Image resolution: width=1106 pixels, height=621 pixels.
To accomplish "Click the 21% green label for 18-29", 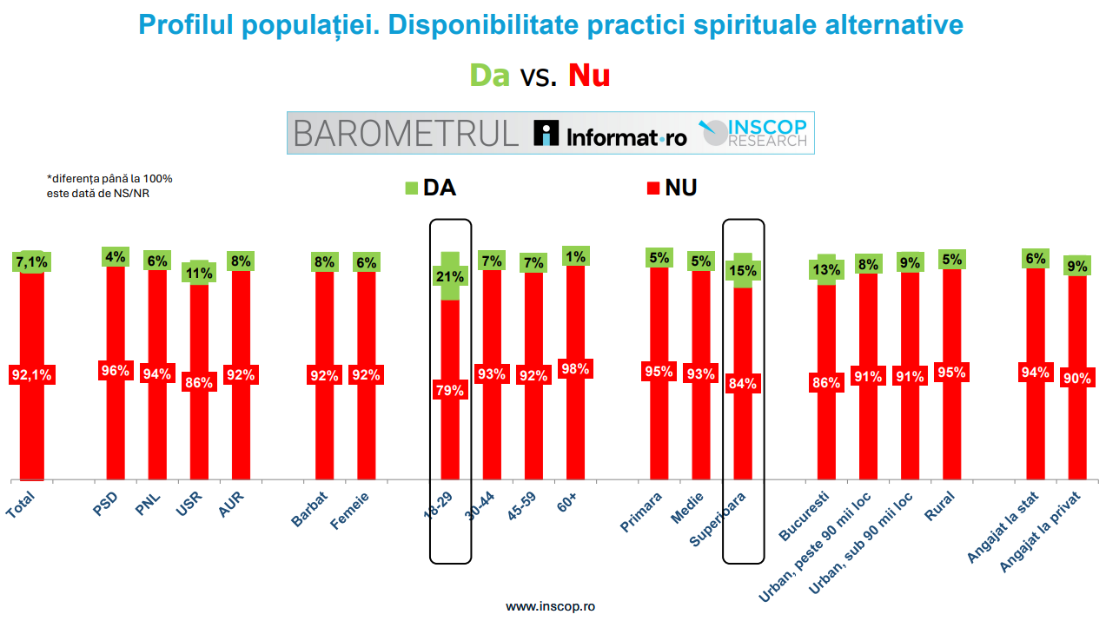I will (451, 277).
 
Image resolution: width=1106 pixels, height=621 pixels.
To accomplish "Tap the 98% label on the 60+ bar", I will (575, 369).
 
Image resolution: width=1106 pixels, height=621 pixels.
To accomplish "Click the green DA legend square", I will (412, 188).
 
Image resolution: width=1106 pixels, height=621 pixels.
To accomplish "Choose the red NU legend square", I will (653, 188).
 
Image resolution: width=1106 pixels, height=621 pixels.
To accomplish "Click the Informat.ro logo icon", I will (546, 133).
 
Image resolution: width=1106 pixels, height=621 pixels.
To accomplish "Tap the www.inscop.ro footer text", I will (551, 605).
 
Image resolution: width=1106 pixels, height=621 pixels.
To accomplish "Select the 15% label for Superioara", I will (743, 271).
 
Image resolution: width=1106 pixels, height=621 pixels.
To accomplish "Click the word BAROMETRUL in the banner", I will (406, 134).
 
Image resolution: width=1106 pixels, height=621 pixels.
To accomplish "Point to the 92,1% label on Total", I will (31, 375).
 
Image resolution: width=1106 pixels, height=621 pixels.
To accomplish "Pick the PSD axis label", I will (105, 503).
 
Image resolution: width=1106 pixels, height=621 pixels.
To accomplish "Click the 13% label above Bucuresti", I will (826, 270).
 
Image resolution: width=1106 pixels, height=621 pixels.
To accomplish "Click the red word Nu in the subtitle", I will (589, 76).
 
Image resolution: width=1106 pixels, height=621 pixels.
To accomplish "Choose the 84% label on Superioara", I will (743, 383).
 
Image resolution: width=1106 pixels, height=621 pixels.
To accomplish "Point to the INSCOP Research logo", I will (754, 133).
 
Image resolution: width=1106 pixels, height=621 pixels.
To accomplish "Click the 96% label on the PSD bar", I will (116, 371).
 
